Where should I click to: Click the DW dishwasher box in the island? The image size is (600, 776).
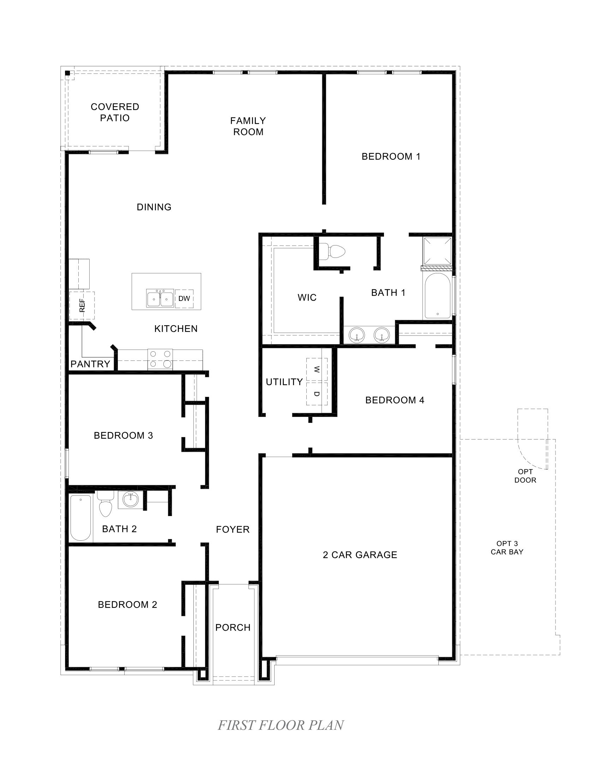[x=184, y=298]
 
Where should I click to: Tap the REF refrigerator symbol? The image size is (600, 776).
[x=82, y=305]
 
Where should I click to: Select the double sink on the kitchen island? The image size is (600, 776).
[x=160, y=298]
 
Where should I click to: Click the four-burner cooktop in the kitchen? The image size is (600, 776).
[x=160, y=359]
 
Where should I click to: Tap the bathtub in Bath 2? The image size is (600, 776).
[x=81, y=518]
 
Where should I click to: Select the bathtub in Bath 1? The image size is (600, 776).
[x=437, y=296]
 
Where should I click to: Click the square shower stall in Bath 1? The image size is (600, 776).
[x=437, y=251]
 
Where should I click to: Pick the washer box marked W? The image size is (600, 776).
[x=317, y=370]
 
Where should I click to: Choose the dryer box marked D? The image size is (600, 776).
[x=317, y=394]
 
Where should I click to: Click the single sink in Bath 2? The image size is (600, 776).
[x=131, y=500]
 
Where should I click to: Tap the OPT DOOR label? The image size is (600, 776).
[x=525, y=476]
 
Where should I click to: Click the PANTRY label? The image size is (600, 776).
[x=90, y=364]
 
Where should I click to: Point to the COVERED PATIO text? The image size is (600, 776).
[x=115, y=112]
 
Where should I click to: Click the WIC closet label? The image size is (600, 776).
[x=307, y=297]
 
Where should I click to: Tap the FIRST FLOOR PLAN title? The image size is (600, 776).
[x=281, y=725]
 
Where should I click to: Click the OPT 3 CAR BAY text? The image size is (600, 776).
[x=507, y=547]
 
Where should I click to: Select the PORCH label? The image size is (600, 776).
[x=233, y=628]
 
